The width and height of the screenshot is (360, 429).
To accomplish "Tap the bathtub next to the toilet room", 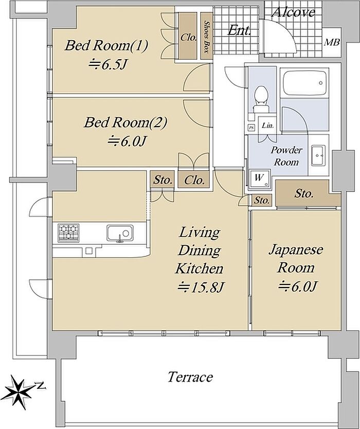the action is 304,83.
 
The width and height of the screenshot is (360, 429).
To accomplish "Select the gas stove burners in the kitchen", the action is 69,233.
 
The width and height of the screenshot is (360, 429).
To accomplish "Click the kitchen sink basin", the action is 120,234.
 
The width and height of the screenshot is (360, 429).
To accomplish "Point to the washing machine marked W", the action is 260,179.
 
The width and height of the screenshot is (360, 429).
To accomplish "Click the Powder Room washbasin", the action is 318,155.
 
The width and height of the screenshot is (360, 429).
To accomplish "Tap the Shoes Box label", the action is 207,37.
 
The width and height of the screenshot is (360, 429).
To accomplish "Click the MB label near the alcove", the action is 332,42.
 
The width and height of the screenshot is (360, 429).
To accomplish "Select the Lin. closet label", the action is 268,126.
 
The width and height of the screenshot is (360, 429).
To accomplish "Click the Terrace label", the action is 190,377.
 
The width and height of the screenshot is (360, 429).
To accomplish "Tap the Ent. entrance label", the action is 239,30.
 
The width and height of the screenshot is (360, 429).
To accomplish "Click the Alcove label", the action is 293,12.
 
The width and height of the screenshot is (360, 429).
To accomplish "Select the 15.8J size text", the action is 201,287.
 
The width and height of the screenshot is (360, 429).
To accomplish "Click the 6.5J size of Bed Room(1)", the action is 109,65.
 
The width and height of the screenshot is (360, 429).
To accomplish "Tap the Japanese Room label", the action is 296,259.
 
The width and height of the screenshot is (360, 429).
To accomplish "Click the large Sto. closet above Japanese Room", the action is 303,194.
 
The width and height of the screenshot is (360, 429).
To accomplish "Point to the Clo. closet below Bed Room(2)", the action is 194,180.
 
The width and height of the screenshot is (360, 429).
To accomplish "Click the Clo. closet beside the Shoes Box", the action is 188,36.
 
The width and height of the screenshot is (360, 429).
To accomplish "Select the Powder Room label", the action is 286,156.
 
